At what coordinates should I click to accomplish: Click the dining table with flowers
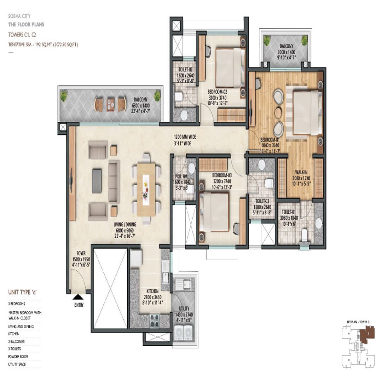pyautogui.click(x=146, y=189)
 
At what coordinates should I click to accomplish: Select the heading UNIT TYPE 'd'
pyautogui.click(x=23, y=292)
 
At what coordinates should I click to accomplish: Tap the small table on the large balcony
pyautogui.click(x=110, y=104)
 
